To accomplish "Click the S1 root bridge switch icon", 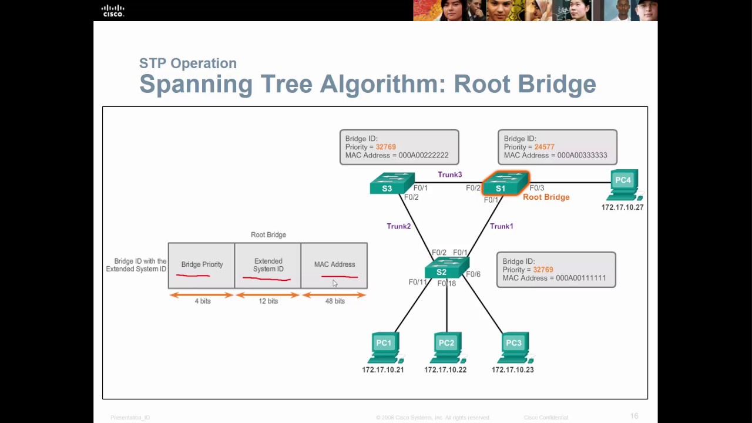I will pos(505,183).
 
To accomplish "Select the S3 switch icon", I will pos(392,183).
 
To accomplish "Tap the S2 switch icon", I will pos(446,268).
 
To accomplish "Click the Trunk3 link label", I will pos(449,174).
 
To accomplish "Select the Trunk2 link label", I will pos(398,226).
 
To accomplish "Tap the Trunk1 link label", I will pos(501,226).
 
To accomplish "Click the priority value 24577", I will pos(545,147).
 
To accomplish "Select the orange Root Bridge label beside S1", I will pos(546,197).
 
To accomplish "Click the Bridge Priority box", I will pos(202,266).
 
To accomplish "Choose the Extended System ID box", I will pos(268,266).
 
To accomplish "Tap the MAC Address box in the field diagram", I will pos(334,266).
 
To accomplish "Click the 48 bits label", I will pos(335,301).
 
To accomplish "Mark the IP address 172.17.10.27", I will pos(622,207).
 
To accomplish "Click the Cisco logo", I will pos(113,11).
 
